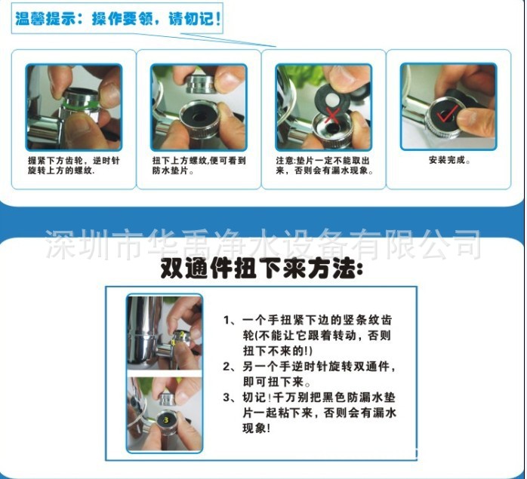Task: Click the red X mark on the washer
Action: [x=332, y=116]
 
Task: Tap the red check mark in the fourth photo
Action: [x=446, y=114]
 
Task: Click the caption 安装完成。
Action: [x=449, y=160]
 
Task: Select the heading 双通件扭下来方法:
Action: [x=261, y=269]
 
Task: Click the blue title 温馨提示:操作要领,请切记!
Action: [x=118, y=19]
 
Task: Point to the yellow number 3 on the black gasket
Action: [x=166, y=419]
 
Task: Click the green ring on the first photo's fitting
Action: [x=80, y=103]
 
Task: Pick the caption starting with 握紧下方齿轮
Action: [x=73, y=165]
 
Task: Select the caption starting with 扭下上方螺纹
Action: [x=199, y=165]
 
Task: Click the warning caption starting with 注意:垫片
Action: [x=325, y=165]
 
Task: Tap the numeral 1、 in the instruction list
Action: [x=231, y=320]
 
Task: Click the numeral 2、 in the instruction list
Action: [x=231, y=367]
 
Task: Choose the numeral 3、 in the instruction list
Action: [x=231, y=398]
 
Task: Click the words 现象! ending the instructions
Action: [x=256, y=428]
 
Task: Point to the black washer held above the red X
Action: [x=333, y=98]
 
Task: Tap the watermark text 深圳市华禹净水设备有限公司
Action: [x=263, y=244]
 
